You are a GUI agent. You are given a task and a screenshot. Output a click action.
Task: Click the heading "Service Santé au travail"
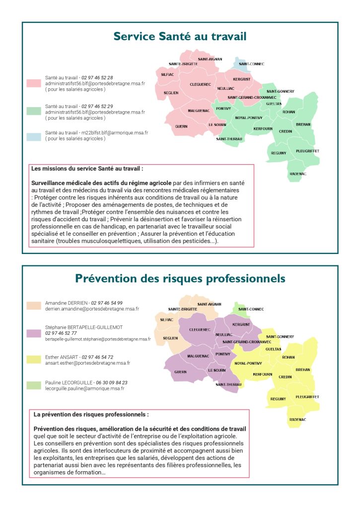(180, 36)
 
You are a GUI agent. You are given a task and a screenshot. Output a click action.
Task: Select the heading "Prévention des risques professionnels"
(180, 278)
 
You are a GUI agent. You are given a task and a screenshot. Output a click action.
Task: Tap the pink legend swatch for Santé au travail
(34, 84)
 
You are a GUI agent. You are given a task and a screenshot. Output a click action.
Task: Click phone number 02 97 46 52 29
(97, 106)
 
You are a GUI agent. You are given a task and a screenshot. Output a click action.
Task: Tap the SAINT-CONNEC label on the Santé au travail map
(252, 64)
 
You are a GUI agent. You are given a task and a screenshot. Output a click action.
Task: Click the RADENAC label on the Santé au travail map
(298, 174)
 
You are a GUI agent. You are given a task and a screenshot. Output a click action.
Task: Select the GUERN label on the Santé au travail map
(181, 127)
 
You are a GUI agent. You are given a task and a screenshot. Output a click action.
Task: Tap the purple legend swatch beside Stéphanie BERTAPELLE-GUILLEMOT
(34, 334)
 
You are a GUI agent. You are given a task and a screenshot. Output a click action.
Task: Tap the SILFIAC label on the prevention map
(167, 320)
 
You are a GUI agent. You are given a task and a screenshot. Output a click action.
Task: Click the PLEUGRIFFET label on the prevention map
(307, 397)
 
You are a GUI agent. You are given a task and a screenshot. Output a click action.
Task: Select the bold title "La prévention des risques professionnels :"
(91, 414)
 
